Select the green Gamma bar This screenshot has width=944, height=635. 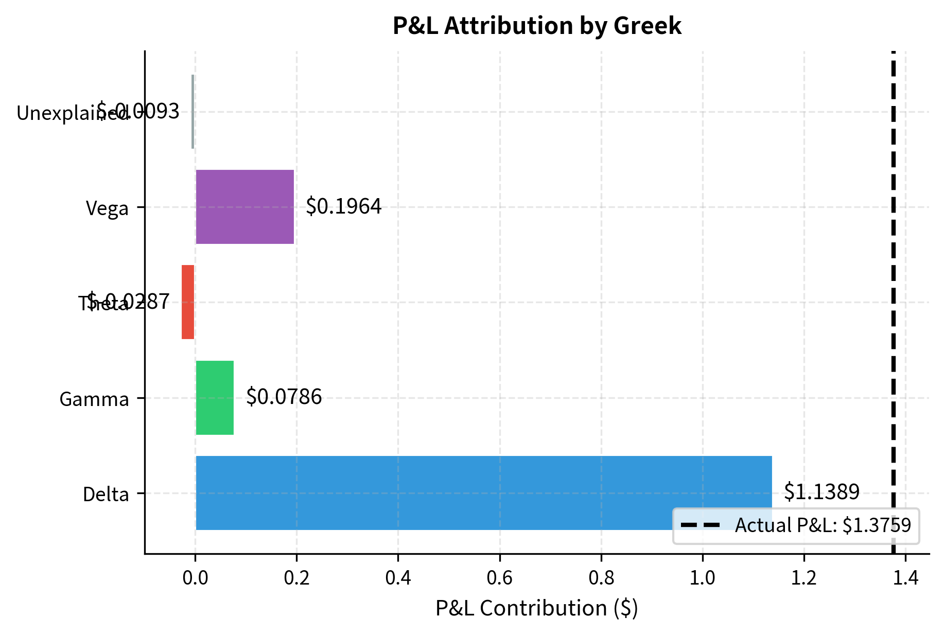tap(215, 398)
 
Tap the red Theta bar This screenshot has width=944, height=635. tap(188, 302)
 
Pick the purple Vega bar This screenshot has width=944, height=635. tap(244, 207)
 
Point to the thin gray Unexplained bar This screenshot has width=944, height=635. tap(193, 112)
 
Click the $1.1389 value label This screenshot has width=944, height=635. tap(821, 492)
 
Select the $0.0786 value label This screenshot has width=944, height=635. tap(284, 397)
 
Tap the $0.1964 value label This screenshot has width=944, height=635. tap(343, 206)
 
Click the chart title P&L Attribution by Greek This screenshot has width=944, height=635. tap(537, 26)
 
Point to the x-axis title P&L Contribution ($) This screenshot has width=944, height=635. tap(537, 608)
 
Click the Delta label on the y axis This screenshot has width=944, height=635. tap(106, 495)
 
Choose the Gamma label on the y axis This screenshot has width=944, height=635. tap(94, 399)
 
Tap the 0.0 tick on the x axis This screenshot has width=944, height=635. tap(195, 578)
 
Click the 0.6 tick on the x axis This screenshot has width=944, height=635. tap(499, 578)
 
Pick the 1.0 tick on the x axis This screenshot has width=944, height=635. tap(702, 578)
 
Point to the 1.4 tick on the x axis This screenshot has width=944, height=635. tap(905, 578)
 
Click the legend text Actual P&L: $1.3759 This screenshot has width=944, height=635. tap(823, 525)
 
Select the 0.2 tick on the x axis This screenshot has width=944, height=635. tap(296, 578)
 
